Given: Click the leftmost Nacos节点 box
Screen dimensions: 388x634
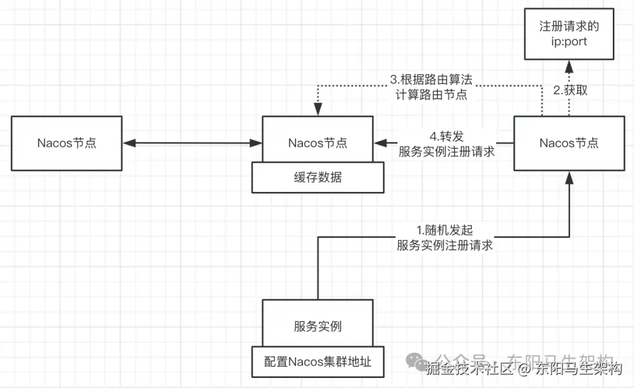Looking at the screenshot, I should (66, 143).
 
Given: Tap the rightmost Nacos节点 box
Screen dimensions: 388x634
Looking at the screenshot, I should (569, 143).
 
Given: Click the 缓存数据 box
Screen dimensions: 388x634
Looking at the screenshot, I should (318, 178).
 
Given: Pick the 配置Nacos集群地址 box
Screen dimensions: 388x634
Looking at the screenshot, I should (318, 362).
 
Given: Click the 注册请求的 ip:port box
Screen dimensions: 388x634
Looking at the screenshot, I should (569, 34).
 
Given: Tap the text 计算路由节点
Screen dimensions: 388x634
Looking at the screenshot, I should (431, 94).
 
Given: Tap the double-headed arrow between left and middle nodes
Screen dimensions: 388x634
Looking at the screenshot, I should (192, 142).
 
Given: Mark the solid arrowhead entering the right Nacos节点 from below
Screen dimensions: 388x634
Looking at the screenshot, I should (569, 176).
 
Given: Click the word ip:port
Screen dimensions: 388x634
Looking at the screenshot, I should (569, 42).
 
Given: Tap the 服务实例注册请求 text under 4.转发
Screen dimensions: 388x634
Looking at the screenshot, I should (447, 151).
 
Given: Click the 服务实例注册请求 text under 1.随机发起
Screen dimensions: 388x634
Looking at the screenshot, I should (444, 245).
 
